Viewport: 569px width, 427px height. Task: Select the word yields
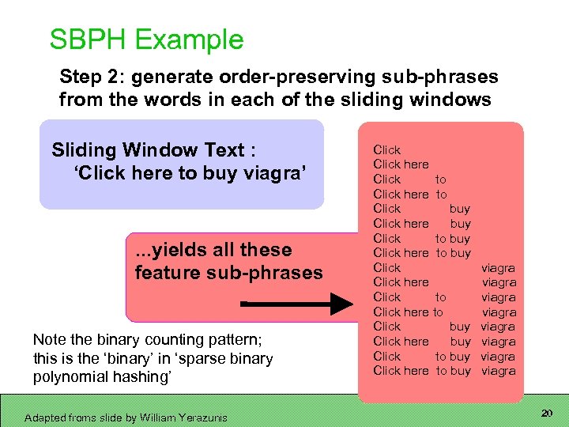pos(179,250)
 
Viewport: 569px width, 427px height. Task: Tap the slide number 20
pos(546,414)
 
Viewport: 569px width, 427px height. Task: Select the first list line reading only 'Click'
pos(387,149)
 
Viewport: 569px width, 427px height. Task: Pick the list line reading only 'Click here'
pos(401,164)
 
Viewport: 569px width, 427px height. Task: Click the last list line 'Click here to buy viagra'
pos(443,371)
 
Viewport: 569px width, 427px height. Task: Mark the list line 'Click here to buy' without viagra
pos(421,253)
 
